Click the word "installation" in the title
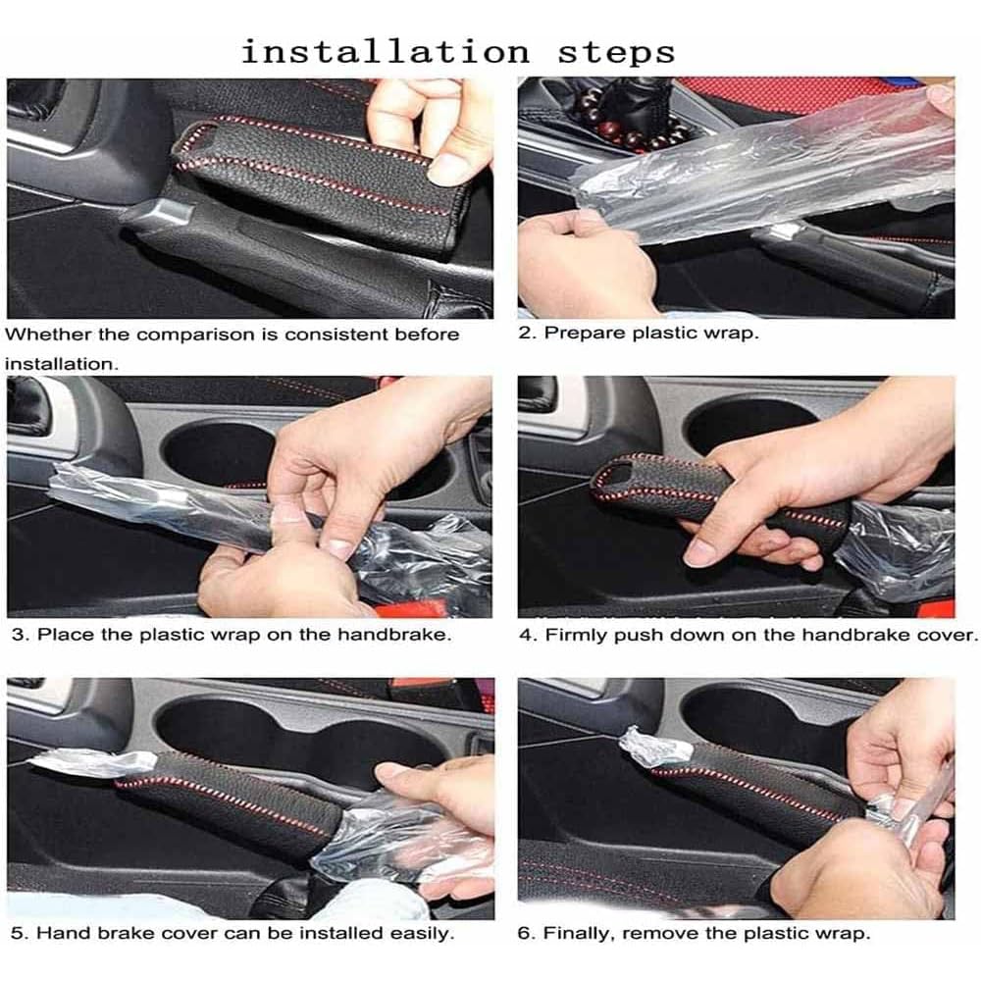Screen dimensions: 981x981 (x=385, y=50)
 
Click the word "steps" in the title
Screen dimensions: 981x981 (x=616, y=50)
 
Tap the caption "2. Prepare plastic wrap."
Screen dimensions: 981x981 (x=638, y=333)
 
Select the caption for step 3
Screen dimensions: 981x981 (x=232, y=634)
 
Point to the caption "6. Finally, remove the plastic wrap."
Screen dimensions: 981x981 (x=694, y=933)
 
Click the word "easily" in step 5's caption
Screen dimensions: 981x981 (x=418, y=933)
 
